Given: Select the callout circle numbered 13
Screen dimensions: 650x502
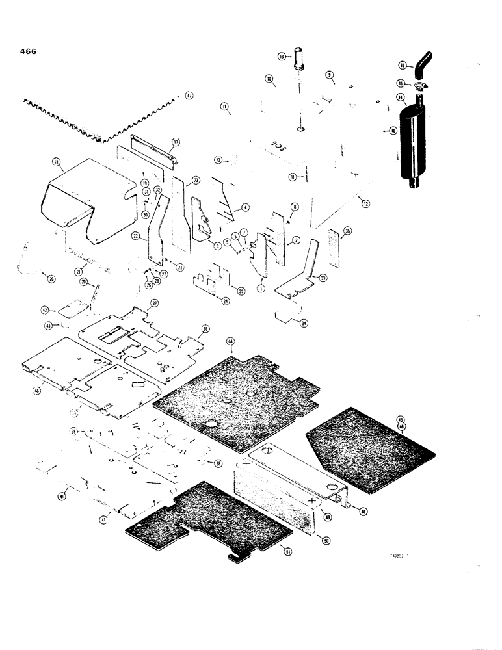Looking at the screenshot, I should point(282,57).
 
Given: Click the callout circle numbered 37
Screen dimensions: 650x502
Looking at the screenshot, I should point(155,304).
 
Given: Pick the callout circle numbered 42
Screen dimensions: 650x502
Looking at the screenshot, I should point(45,310).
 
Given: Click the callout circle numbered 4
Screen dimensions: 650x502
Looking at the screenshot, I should point(245,208).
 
